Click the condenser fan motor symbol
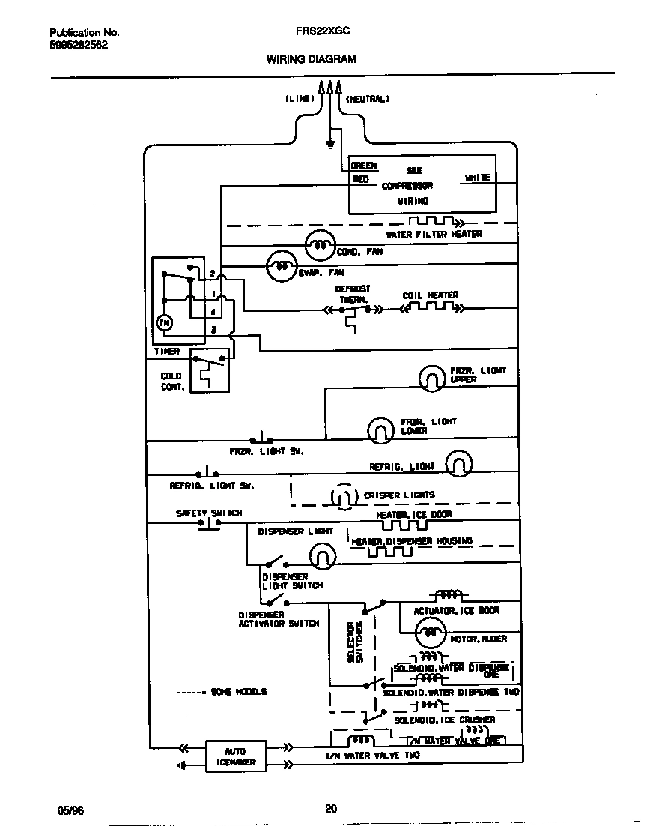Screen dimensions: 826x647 [x=320, y=244]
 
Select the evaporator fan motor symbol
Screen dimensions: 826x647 [x=282, y=265]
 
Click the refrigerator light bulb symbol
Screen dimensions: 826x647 [x=459, y=464]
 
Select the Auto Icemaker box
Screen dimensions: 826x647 [x=234, y=756]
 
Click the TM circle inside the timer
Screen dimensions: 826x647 [x=163, y=322]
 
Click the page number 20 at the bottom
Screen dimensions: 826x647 [x=331, y=807]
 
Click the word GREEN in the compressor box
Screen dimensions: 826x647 [x=364, y=166]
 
